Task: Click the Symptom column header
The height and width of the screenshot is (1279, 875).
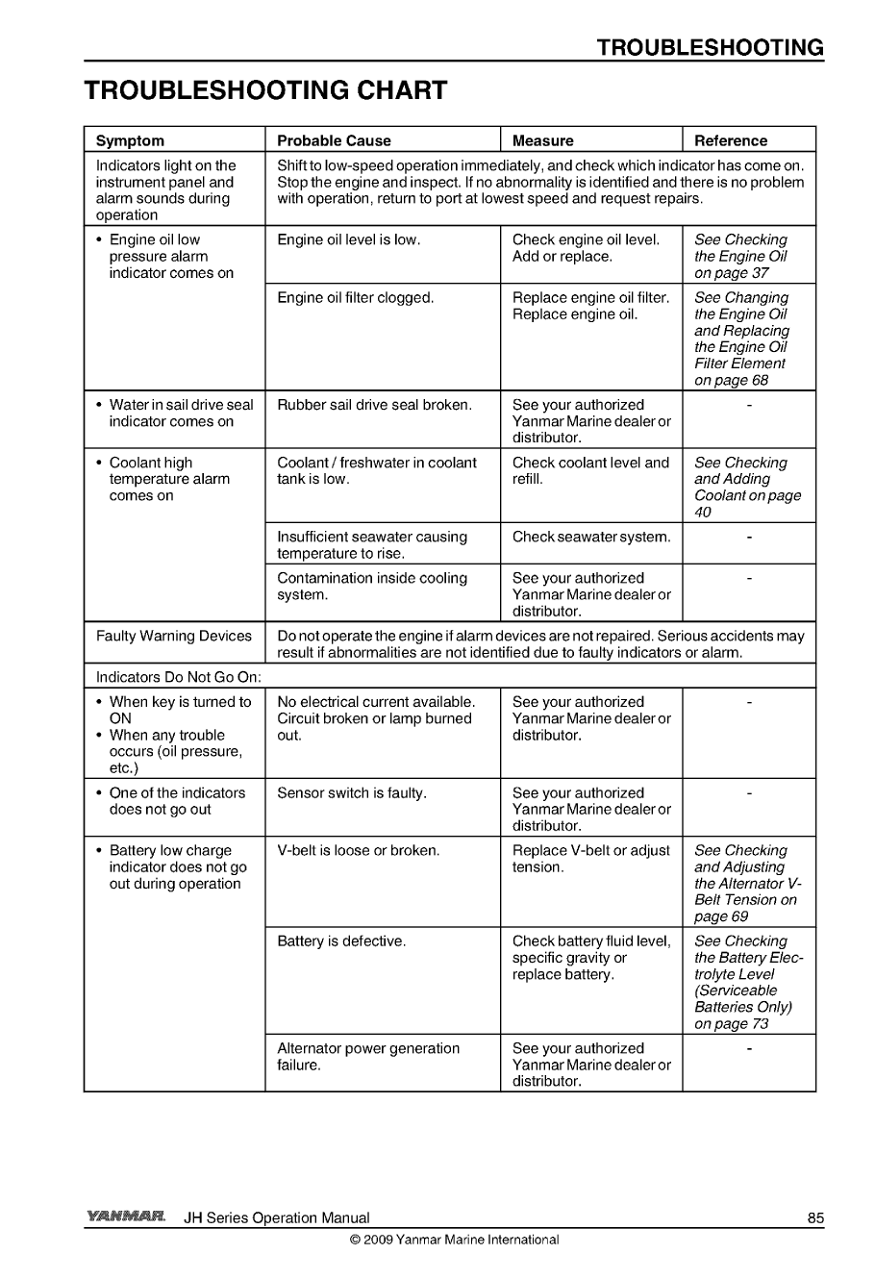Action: click(x=130, y=140)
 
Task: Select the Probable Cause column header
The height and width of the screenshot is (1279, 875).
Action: click(x=334, y=140)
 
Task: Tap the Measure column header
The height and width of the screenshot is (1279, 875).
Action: click(x=542, y=140)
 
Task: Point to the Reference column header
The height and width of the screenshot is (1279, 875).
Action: click(x=731, y=140)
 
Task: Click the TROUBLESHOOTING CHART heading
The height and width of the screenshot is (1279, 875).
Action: click(x=265, y=90)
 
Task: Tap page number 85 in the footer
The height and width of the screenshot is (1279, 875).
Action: click(x=815, y=1217)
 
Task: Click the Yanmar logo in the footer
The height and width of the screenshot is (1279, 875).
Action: click(x=126, y=1217)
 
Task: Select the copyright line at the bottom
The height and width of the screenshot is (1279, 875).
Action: click(x=454, y=1240)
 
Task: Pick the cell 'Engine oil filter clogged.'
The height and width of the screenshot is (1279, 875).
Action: click(x=356, y=298)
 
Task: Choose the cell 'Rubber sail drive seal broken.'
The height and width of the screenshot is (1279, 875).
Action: click(x=374, y=405)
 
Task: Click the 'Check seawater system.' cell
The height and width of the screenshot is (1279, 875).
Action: click(x=591, y=537)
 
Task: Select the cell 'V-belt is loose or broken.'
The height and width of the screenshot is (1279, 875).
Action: click(x=358, y=851)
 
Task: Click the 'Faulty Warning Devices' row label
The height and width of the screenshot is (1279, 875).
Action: click(x=174, y=636)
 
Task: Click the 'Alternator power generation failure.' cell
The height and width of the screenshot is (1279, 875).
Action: click(x=368, y=1056)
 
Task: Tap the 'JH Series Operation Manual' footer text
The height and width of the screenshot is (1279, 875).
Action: click(x=277, y=1217)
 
